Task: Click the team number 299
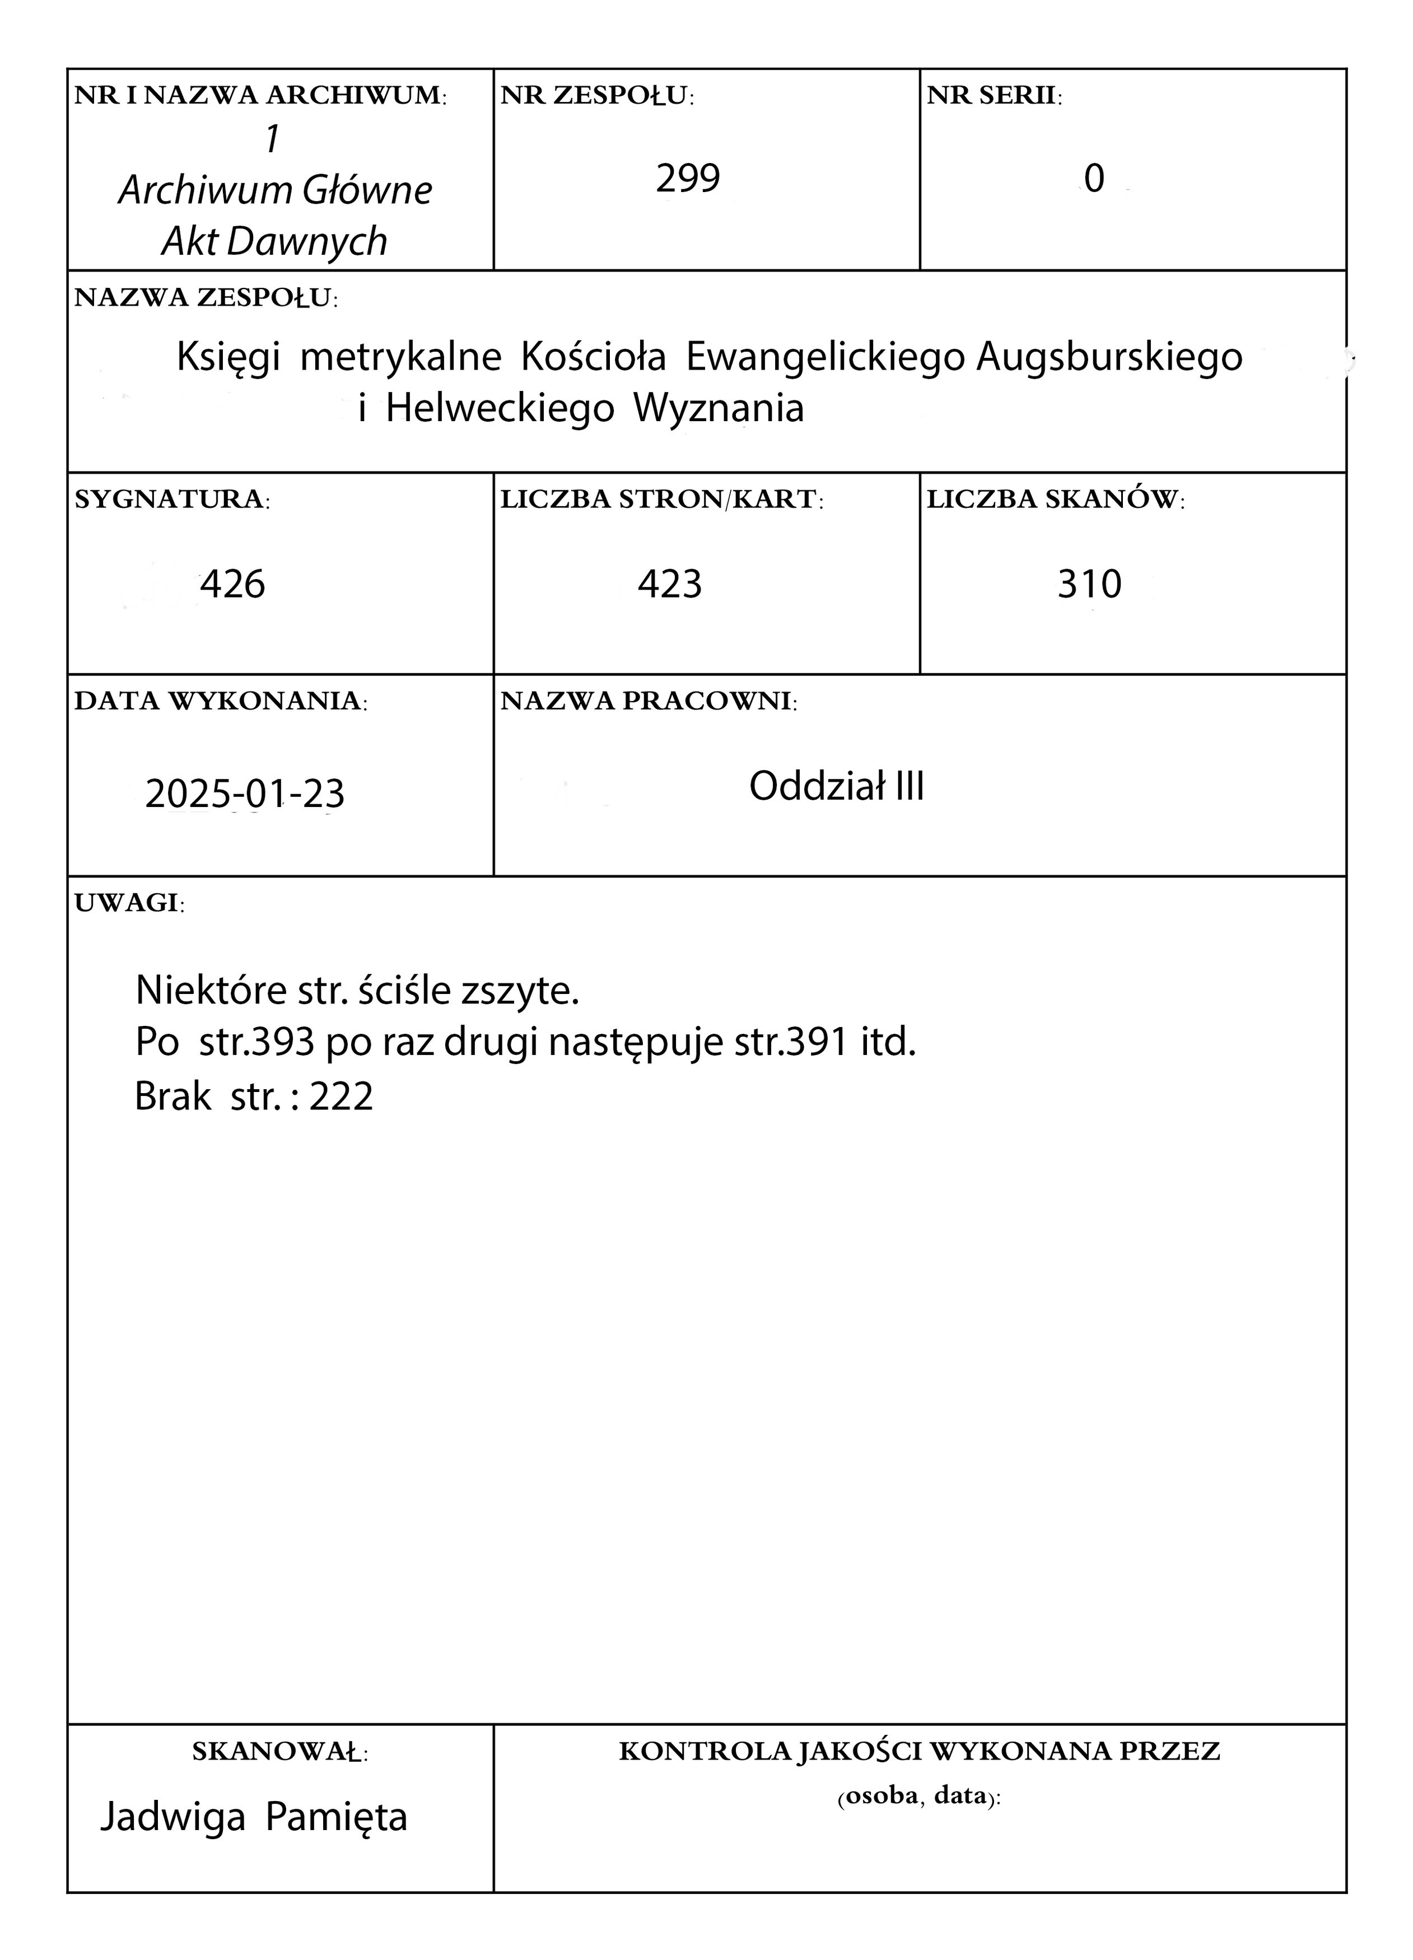687,179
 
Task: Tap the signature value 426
232,584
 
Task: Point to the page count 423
670,584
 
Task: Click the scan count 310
1089,584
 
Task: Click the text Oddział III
836,786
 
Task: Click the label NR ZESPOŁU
597,96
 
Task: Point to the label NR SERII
994,96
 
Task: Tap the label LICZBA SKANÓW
1055,500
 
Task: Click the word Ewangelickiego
824,357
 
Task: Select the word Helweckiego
500,408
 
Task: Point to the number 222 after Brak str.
342,1096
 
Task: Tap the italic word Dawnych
307,241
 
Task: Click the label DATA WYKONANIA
220,701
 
